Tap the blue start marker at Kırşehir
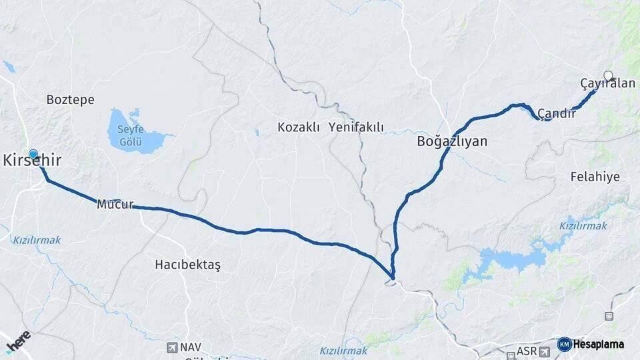33,154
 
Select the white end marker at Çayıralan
608,75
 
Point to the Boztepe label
70,100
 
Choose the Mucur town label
115,204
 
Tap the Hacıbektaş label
187,265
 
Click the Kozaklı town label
299,127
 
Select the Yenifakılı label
356,127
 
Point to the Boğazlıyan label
452,141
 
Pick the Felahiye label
595,177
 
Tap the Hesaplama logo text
599,345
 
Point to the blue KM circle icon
564,345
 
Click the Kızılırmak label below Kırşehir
37,239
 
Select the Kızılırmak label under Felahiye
583,226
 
